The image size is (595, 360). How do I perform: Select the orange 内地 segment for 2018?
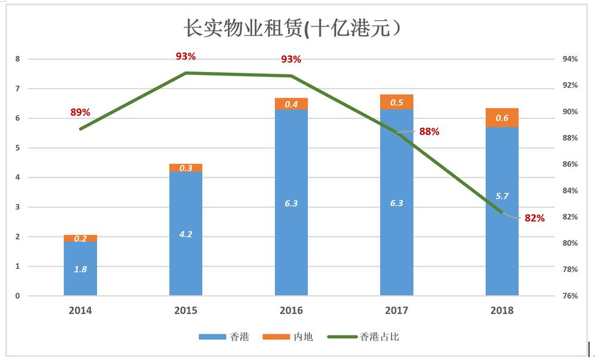[502, 118]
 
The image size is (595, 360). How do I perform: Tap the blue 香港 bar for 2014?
[80, 268]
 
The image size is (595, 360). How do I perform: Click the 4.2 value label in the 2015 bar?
[186, 234]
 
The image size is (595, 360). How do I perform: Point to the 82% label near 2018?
[534, 218]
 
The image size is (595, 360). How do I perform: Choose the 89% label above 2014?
[80, 112]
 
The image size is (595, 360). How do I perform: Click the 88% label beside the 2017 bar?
[429, 132]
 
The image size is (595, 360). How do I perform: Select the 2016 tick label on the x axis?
[291, 310]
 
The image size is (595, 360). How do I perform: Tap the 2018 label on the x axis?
[502, 310]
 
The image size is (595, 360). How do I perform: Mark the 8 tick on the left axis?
[18, 60]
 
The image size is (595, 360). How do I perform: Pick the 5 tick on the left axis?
[18, 148]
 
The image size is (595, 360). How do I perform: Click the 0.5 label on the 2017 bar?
[396, 102]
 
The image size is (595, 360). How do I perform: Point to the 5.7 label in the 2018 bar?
[502, 196]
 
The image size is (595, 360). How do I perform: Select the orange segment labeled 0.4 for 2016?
[291, 104]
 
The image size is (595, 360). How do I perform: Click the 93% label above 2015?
[186, 57]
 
